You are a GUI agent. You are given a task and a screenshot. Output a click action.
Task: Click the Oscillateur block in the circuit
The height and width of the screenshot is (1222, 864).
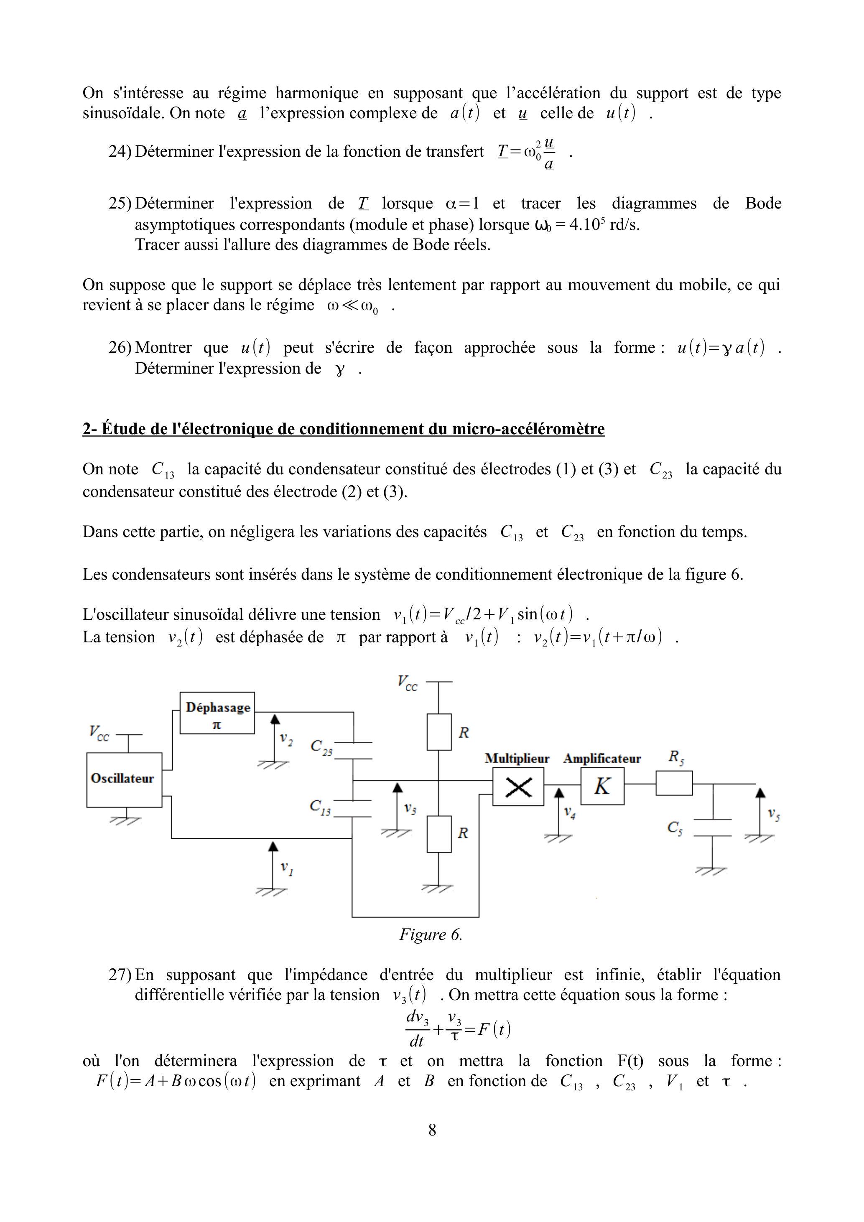pos(124,780)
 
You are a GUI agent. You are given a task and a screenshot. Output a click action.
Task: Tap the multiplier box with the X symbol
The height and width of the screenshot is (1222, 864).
pos(518,786)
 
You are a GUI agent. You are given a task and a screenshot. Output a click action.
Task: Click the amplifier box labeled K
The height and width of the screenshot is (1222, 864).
pos(602,786)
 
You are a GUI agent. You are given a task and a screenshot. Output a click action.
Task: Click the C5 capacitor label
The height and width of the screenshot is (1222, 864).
pos(675,828)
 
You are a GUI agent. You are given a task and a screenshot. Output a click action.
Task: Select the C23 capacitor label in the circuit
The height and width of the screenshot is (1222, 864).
pos(321,747)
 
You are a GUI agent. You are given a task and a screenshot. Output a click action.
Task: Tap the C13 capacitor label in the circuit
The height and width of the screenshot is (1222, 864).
pos(321,807)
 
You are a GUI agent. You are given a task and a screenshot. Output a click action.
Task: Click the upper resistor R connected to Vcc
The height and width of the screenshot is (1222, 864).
pos(439,732)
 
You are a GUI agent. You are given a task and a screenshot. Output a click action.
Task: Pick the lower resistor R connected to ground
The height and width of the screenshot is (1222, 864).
pos(439,833)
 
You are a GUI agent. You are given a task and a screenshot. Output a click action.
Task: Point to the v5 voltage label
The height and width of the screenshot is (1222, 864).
pos(773,814)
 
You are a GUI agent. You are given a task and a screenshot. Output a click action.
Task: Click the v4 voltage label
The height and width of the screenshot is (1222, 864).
pos(569,813)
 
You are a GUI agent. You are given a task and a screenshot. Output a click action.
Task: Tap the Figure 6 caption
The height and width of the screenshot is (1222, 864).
pos(431,934)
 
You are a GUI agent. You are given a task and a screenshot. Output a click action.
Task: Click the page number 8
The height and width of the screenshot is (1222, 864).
pos(432,1129)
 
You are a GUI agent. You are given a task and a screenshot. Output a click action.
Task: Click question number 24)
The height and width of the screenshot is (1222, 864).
pos(120,152)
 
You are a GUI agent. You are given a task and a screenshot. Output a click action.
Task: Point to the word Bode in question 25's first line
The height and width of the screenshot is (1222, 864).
pos(763,203)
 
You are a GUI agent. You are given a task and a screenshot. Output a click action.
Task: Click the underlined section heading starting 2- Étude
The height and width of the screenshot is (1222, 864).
pos(343,428)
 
